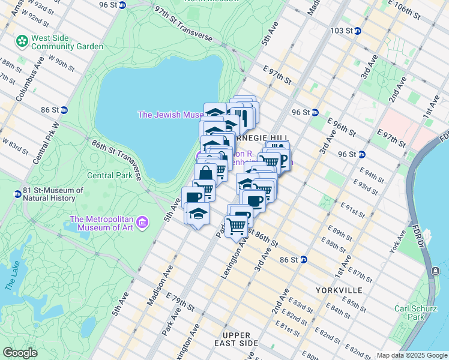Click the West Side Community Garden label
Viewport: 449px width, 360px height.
pos(67,42)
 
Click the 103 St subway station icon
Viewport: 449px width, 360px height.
pos(357,31)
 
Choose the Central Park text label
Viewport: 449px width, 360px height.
pos(109,176)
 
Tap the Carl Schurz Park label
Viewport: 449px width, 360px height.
pos(414,313)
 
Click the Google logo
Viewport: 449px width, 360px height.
pos(20,353)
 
